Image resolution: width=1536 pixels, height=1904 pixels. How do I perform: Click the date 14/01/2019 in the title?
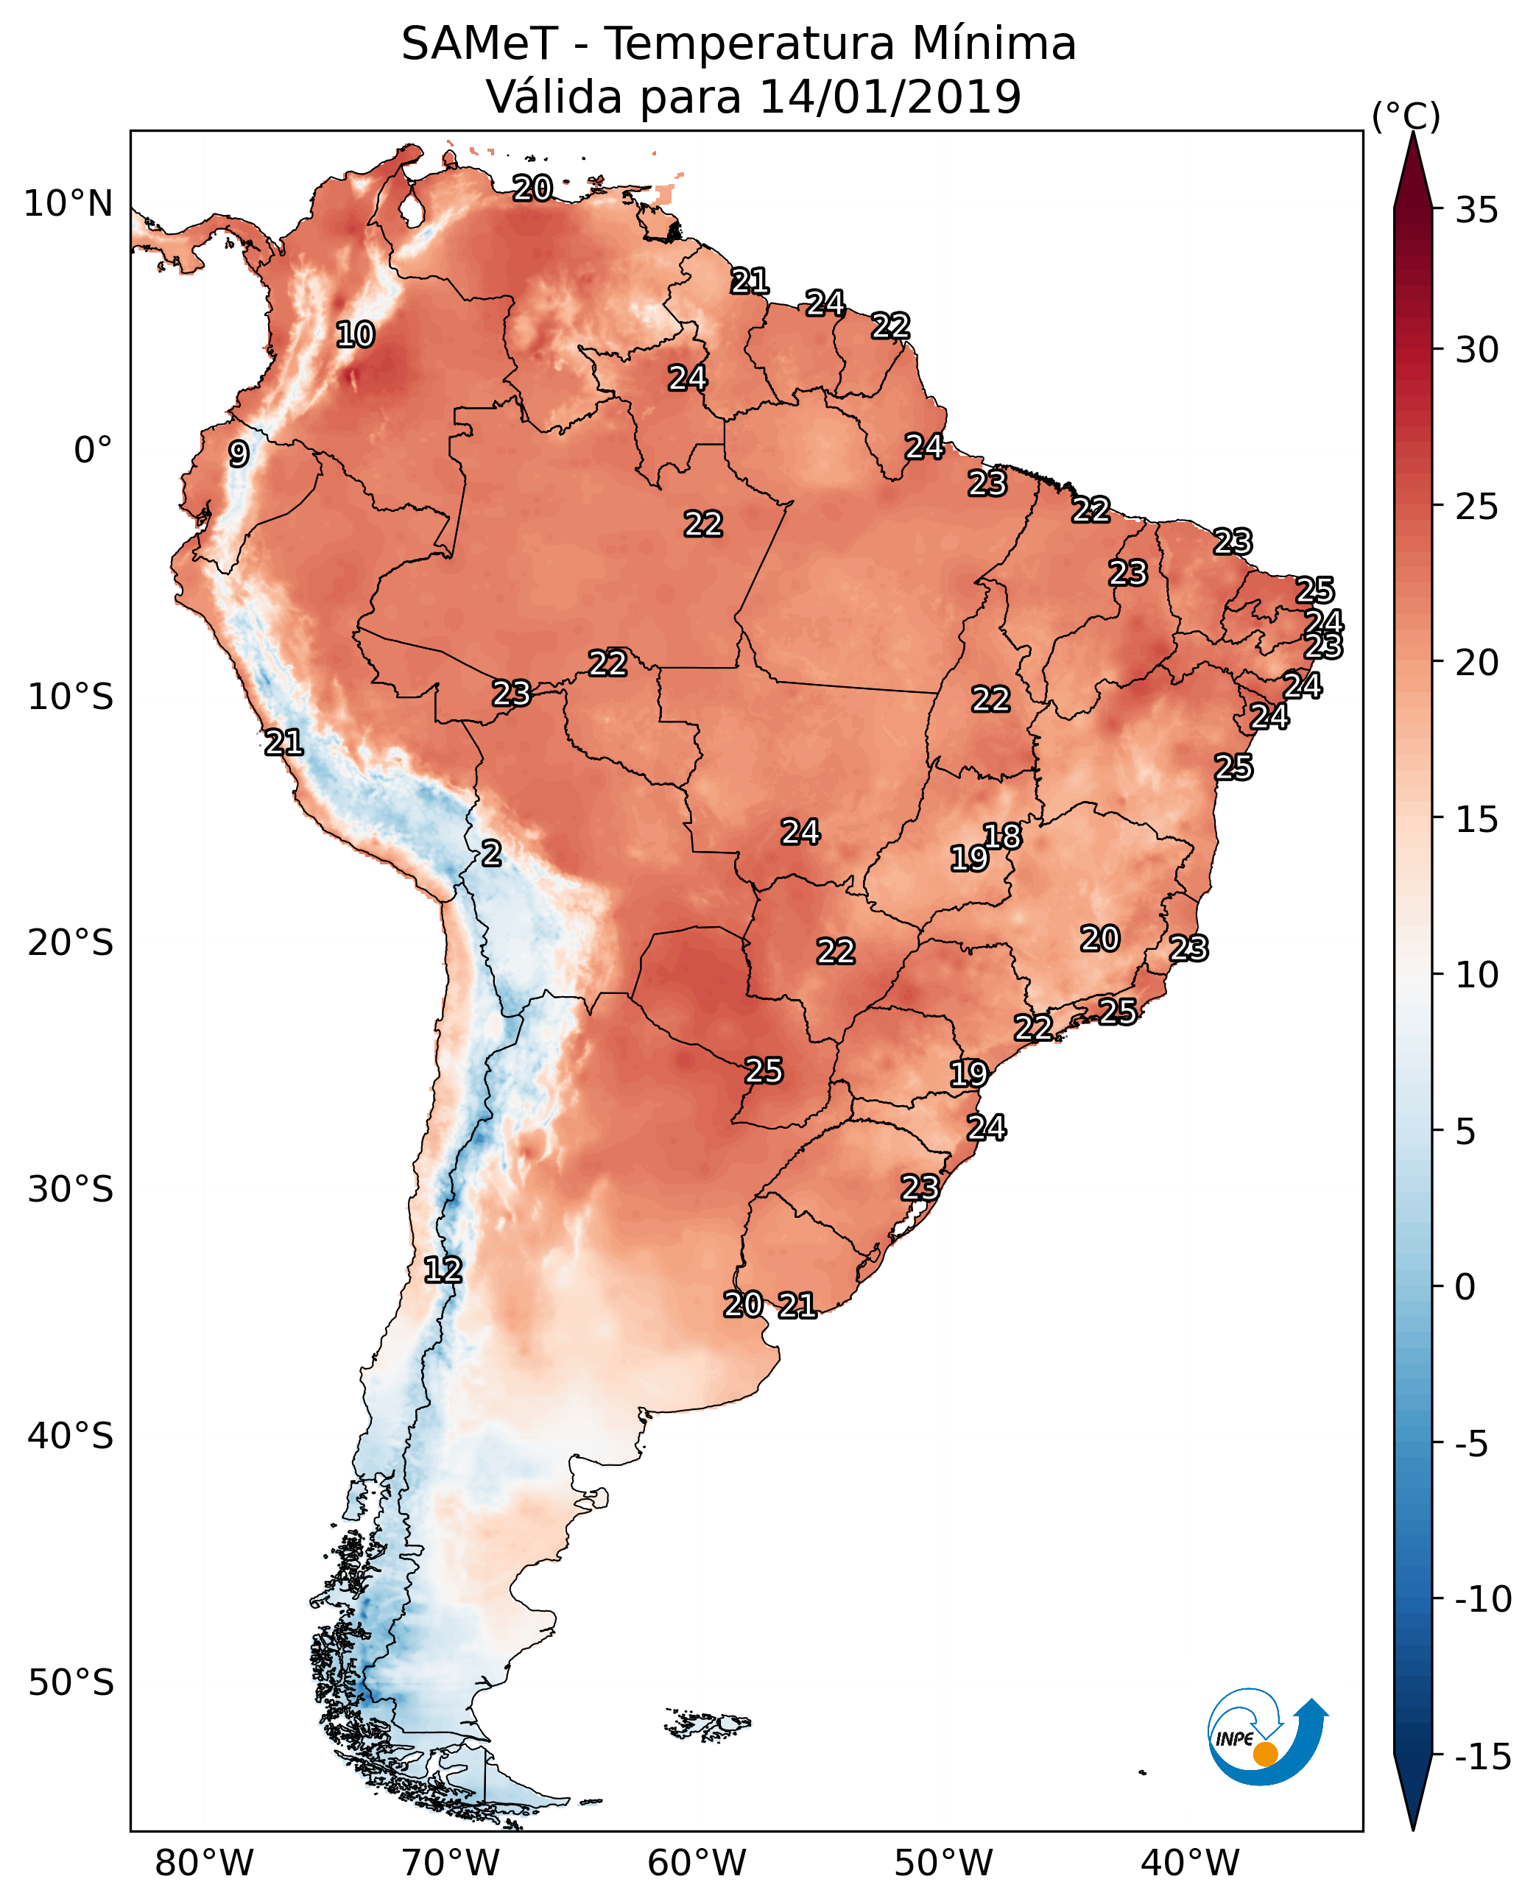890,96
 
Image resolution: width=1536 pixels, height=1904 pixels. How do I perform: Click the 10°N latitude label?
68,205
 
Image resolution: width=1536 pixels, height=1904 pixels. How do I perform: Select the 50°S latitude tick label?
70,1681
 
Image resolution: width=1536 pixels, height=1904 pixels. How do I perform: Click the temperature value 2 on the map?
491,854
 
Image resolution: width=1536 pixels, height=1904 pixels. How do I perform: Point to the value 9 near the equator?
238,454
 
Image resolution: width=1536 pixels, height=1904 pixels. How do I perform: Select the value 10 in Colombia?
356,334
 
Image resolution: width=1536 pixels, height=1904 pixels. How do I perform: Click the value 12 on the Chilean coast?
443,1271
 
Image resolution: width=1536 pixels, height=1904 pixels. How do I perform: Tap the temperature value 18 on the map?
1002,836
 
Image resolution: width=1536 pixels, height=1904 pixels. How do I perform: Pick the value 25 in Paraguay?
764,1071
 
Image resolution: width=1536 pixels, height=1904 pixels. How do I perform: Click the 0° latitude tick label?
93,451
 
